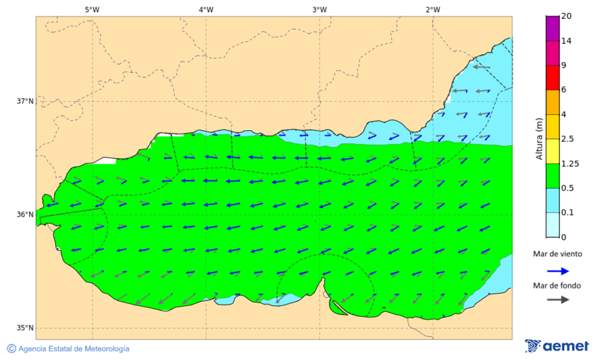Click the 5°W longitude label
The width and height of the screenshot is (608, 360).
coord(93,9)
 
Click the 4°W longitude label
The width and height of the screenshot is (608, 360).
coord(206,9)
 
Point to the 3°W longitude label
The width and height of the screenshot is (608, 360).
coord(320,9)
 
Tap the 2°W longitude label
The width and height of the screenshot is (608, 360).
coord(433,9)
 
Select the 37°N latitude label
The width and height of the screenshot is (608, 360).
coord(25,101)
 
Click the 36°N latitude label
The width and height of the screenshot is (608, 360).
coord(25,215)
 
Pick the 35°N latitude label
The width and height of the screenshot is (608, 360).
coord(25,328)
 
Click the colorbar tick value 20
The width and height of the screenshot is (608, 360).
coord(567,16)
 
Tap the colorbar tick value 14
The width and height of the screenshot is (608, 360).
coord(567,41)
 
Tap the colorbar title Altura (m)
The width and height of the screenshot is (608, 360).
coord(539,138)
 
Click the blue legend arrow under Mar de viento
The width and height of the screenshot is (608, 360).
coord(557,270)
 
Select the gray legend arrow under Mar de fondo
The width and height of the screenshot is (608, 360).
coord(557,300)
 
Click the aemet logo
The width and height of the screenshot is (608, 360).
coord(557,346)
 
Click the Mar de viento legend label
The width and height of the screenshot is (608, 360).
coord(557,254)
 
